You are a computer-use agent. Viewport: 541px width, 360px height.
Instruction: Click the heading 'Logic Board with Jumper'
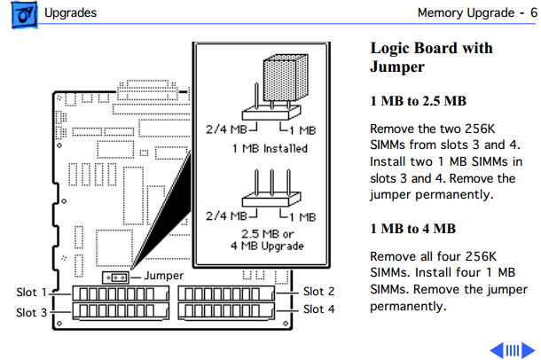[x=430, y=58]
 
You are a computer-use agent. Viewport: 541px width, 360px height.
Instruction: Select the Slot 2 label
[x=318, y=292]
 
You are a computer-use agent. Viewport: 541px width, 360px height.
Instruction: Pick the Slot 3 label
[x=31, y=312]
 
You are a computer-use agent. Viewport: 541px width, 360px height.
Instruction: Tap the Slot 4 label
[x=318, y=309]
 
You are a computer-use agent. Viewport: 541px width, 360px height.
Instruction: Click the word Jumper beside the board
[x=162, y=277]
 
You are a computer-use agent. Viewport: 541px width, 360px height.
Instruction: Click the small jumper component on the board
[x=116, y=277]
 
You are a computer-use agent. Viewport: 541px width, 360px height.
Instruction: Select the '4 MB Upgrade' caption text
[x=266, y=246]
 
